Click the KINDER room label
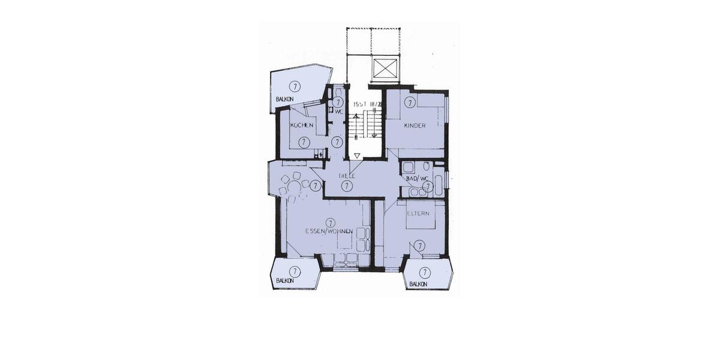click(x=415, y=125)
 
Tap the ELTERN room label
click(x=418, y=213)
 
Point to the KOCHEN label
click(x=301, y=125)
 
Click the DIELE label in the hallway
click(x=347, y=176)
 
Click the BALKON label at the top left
click(x=284, y=98)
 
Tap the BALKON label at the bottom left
click(x=284, y=280)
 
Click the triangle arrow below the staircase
click(x=358, y=156)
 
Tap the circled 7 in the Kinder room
click(x=409, y=103)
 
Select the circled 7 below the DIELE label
click(x=346, y=186)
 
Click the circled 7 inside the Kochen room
click(x=304, y=142)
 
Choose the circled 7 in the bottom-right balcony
click(x=425, y=272)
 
